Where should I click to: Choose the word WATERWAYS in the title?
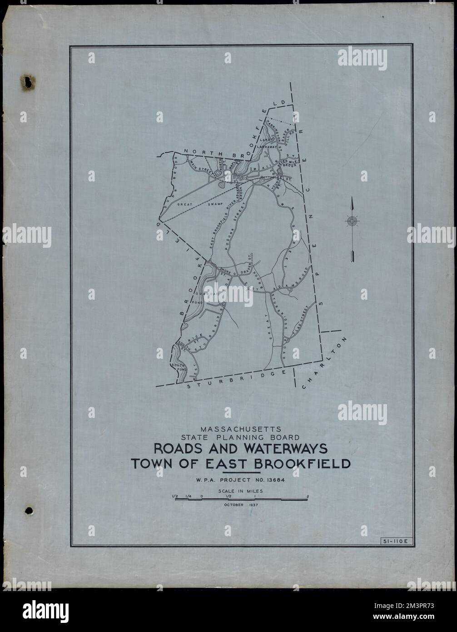(x=282, y=449)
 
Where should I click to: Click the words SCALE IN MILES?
(x=241, y=491)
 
